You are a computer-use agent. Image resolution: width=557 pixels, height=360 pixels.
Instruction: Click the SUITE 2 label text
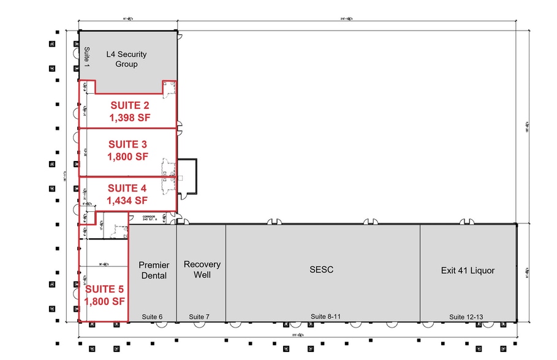pos(129,105)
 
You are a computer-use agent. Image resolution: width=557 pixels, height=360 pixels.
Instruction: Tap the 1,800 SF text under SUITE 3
pos(129,156)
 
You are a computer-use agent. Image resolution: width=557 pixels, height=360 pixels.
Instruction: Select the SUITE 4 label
pos(127,188)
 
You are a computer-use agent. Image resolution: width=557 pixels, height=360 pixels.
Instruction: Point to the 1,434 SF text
pos(127,200)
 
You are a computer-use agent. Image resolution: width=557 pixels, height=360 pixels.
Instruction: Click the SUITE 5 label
pos(105,289)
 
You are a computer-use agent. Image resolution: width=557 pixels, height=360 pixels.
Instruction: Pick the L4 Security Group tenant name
pos(126,59)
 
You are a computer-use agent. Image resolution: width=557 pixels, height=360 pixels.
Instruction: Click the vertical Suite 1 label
pos(86,57)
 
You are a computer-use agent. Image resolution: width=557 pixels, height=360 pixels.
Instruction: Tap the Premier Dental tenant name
pos(154,270)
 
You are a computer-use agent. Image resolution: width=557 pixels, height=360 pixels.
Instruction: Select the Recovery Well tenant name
pos(202,269)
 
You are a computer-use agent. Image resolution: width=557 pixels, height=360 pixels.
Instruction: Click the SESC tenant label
pos(321,269)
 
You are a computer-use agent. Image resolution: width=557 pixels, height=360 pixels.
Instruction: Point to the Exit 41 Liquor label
pos(467,270)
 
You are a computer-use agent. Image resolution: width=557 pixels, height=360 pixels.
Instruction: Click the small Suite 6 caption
pos(152,317)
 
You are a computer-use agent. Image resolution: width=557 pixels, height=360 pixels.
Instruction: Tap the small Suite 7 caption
pos(199,317)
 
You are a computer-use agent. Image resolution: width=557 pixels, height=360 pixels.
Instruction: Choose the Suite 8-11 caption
pos(325,317)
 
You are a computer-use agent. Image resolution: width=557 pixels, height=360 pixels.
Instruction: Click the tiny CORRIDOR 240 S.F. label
pos(151,218)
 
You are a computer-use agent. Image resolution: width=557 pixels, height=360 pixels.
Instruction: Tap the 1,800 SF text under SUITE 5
pos(105,301)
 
